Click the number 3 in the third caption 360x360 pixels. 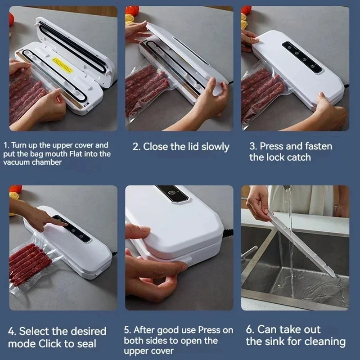point(252,147)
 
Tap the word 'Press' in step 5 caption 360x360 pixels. point(209,330)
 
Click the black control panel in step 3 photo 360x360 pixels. point(302,58)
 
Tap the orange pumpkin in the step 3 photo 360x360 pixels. point(246,10)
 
